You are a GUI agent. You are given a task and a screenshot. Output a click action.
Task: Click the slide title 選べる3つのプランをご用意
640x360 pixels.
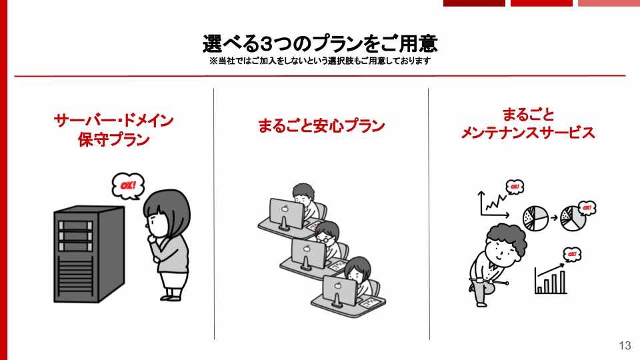[x=320, y=44]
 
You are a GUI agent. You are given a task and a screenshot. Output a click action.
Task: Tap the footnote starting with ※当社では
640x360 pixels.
[x=320, y=61]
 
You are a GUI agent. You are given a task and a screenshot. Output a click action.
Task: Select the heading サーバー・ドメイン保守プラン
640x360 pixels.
[x=113, y=130]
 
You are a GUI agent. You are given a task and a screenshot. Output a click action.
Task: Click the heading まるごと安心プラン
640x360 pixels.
[x=321, y=125]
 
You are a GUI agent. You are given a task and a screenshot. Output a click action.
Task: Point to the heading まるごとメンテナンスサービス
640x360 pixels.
[x=528, y=123]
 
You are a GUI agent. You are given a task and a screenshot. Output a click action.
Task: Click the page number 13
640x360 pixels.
[x=625, y=345]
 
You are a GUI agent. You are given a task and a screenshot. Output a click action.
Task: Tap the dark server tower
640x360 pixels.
[x=89, y=254]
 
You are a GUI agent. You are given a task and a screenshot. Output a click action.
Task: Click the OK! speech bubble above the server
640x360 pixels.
[x=128, y=186]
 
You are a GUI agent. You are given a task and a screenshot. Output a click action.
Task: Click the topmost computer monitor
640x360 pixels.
[x=287, y=213]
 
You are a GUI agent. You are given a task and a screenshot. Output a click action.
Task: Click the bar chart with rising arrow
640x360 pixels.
[x=551, y=279]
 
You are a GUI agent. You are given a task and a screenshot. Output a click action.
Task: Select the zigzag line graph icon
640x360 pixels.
[x=493, y=204]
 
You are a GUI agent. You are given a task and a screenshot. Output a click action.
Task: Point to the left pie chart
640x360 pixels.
[x=535, y=218]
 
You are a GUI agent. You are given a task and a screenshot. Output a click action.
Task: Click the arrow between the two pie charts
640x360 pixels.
[x=554, y=218]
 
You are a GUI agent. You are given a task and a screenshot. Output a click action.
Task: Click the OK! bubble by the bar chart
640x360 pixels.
[x=572, y=254]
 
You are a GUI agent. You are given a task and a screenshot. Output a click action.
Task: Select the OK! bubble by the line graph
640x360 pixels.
[x=515, y=187]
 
